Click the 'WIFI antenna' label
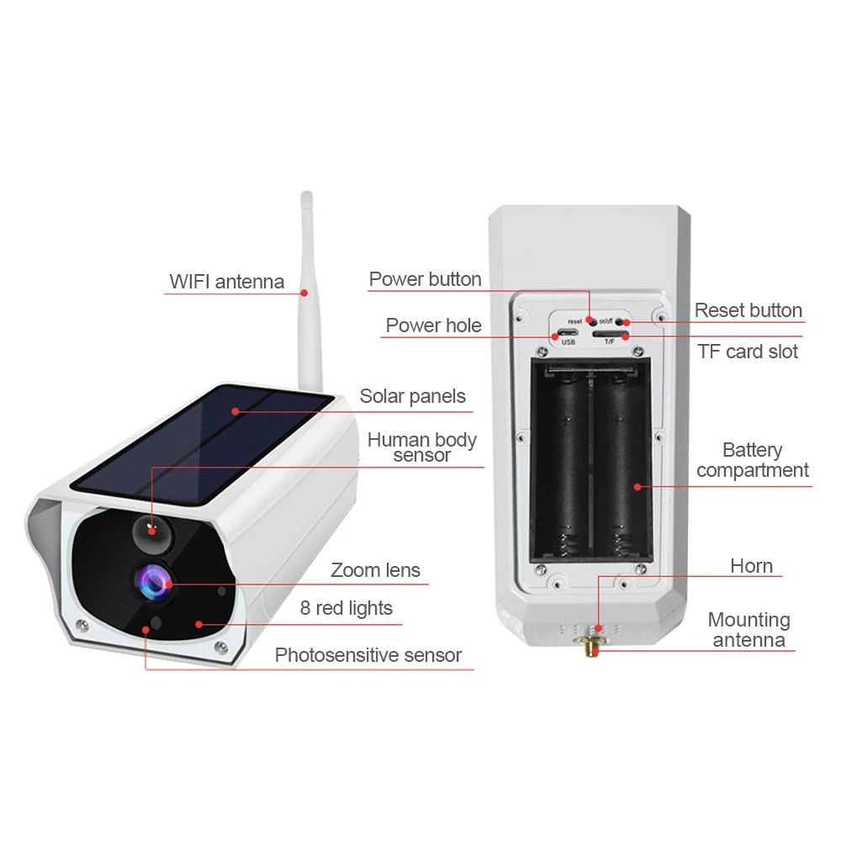[x=227, y=281]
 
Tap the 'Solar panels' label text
[x=412, y=396]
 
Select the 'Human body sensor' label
[x=421, y=447]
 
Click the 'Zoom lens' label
[x=375, y=570]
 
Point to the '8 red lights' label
[x=346, y=608]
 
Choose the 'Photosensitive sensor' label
[x=368, y=655]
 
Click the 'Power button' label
[x=425, y=279]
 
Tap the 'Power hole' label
[x=433, y=325]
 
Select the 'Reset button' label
[x=748, y=310]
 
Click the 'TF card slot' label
[x=747, y=351]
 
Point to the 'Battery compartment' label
[x=752, y=460]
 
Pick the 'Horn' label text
[x=751, y=566]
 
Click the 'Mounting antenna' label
[x=748, y=630]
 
